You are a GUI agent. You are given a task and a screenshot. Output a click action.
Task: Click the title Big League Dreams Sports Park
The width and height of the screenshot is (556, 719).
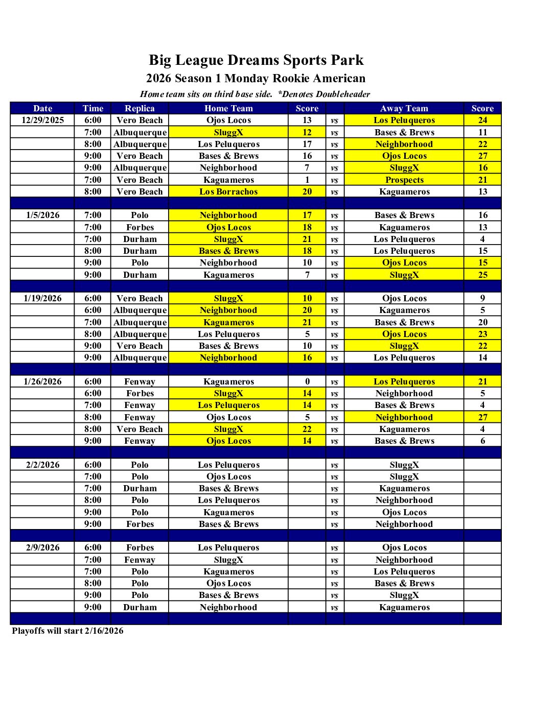click(x=256, y=60)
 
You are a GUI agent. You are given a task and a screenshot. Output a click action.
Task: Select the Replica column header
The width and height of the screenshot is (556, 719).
click(x=140, y=108)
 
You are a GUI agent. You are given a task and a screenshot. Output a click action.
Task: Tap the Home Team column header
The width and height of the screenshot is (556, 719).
click(x=228, y=108)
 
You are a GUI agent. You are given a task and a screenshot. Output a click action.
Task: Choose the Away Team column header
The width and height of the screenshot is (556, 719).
click(x=404, y=108)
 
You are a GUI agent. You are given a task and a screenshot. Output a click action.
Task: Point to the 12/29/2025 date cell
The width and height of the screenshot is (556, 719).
click(x=43, y=120)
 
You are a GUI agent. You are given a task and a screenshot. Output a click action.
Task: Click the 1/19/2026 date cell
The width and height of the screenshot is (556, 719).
click(x=43, y=298)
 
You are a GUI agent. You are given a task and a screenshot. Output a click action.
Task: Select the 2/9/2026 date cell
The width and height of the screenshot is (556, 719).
click(x=43, y=547)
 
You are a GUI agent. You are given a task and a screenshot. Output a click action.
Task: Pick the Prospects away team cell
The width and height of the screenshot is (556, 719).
click(x=404, y=180)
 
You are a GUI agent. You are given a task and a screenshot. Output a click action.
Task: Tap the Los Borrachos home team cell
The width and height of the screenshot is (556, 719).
click(x=228, y=191)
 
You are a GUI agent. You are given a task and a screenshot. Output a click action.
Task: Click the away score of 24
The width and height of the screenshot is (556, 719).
click(x=482, y=120)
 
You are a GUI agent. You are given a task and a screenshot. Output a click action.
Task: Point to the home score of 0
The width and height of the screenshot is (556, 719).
click(x=307, y=381)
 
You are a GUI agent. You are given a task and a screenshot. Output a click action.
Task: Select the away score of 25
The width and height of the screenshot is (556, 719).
click(x=482, y=275)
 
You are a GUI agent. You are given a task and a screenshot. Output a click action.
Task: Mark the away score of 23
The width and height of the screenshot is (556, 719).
click(x=482, y=334)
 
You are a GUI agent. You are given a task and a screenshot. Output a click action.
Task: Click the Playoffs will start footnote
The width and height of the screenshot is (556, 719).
click(x=67, y=631)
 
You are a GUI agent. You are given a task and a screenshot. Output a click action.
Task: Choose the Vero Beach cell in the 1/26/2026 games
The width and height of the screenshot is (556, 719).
click(x=140, y=429)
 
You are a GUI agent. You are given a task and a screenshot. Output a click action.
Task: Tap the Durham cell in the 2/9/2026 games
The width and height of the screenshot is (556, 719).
click(x=140, y=607)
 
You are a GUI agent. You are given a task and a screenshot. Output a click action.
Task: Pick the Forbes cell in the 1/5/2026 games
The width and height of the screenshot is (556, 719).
click(x=140, y=227)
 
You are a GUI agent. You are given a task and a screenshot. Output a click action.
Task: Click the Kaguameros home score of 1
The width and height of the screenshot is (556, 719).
click(x=307, y=180)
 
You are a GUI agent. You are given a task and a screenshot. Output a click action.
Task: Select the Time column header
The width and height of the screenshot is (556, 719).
click(x=93, y=108)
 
